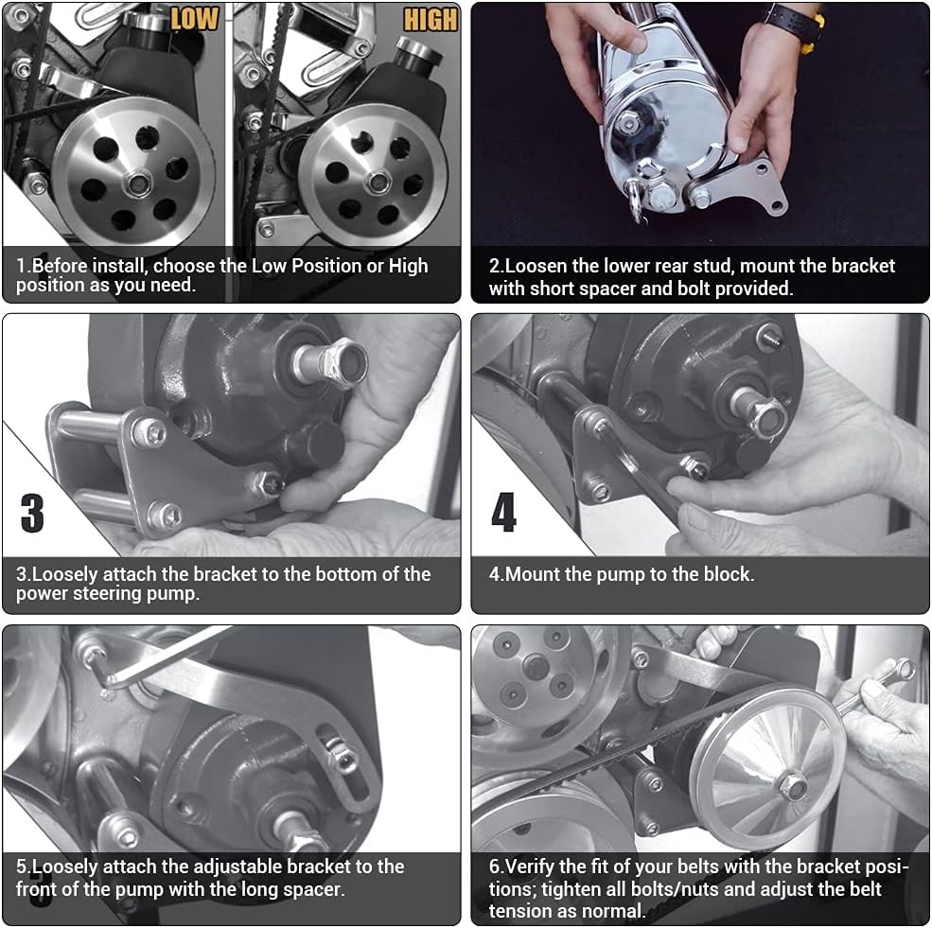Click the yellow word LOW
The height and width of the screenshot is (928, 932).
(194, 18)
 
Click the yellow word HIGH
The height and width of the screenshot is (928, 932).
(431, 20)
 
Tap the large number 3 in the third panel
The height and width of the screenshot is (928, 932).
(32, 514)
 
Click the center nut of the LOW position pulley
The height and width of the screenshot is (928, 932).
(138, 184)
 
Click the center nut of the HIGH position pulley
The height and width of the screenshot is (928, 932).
(378, 182)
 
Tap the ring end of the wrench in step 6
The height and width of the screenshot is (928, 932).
(906, 669)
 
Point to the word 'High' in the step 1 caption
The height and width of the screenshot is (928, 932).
(409, 266)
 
